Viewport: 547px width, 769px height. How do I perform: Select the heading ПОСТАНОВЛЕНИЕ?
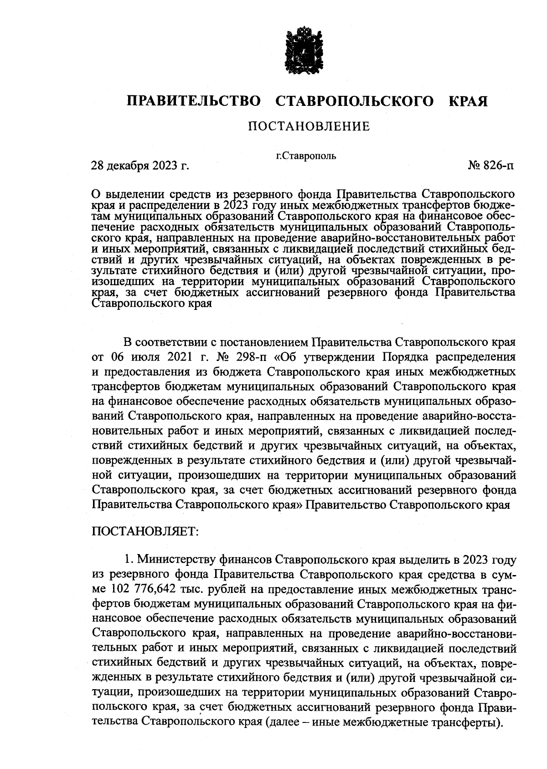click(309, 126)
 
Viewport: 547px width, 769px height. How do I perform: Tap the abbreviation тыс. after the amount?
click(194, 590)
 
